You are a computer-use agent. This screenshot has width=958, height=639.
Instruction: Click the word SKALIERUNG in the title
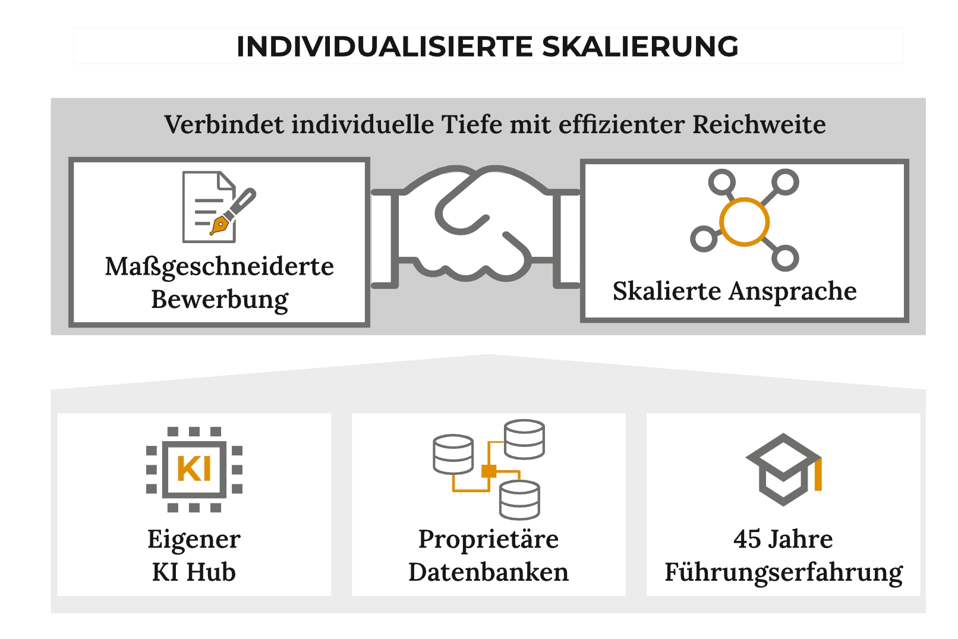coord(640,47)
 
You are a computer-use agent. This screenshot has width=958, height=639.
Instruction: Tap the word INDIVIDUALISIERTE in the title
coord(385,47)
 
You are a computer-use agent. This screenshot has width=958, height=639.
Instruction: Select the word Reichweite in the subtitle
coord(759,125)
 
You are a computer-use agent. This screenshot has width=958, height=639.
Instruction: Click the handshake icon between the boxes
coord(475,226)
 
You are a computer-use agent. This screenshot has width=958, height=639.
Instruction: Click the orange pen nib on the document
coord(220,225)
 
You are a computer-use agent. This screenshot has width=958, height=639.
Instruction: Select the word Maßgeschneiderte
coord(219,266)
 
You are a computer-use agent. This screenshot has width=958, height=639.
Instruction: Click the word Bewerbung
coord(219,299)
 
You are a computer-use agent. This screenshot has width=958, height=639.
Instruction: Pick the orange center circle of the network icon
coord(744,222)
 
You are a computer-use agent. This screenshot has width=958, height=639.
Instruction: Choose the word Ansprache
coord(793,291)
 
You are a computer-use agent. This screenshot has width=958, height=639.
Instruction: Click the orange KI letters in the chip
coord(194,469)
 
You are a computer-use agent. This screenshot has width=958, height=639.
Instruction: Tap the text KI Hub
coord(194,572)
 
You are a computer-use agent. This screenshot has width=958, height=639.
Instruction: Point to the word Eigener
coord(194,539)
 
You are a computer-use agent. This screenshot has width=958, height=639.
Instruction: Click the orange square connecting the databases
coord(489,471)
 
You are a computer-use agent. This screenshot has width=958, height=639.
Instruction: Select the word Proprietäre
coord(489,539)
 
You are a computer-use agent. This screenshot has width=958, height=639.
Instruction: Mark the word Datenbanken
coord(489,572)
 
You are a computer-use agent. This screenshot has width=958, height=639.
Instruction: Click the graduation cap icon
coord(783,470)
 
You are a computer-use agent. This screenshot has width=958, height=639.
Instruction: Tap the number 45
coord(747,539)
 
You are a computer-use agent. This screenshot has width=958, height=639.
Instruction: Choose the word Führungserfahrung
coord(783,572)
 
